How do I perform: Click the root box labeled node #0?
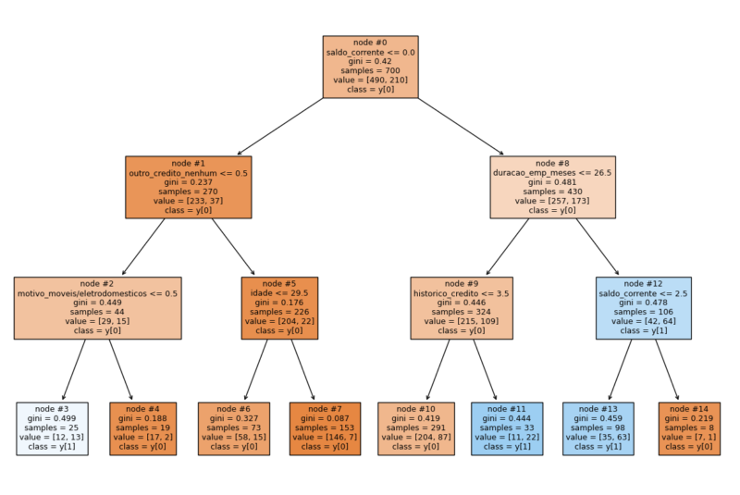370,67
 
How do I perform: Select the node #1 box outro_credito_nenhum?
189,187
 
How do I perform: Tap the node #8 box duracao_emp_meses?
552,187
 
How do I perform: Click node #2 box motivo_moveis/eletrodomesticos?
97,308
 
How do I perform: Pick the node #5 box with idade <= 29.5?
279,308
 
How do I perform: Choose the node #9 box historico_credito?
462,308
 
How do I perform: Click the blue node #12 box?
643,308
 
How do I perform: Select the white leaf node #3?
52,428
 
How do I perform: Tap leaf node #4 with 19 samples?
142,428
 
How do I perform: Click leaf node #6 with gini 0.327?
234,428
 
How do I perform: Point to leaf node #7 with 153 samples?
325,428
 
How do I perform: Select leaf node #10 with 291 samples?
415,428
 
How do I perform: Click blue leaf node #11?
507,428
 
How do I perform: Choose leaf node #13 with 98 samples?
598,428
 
